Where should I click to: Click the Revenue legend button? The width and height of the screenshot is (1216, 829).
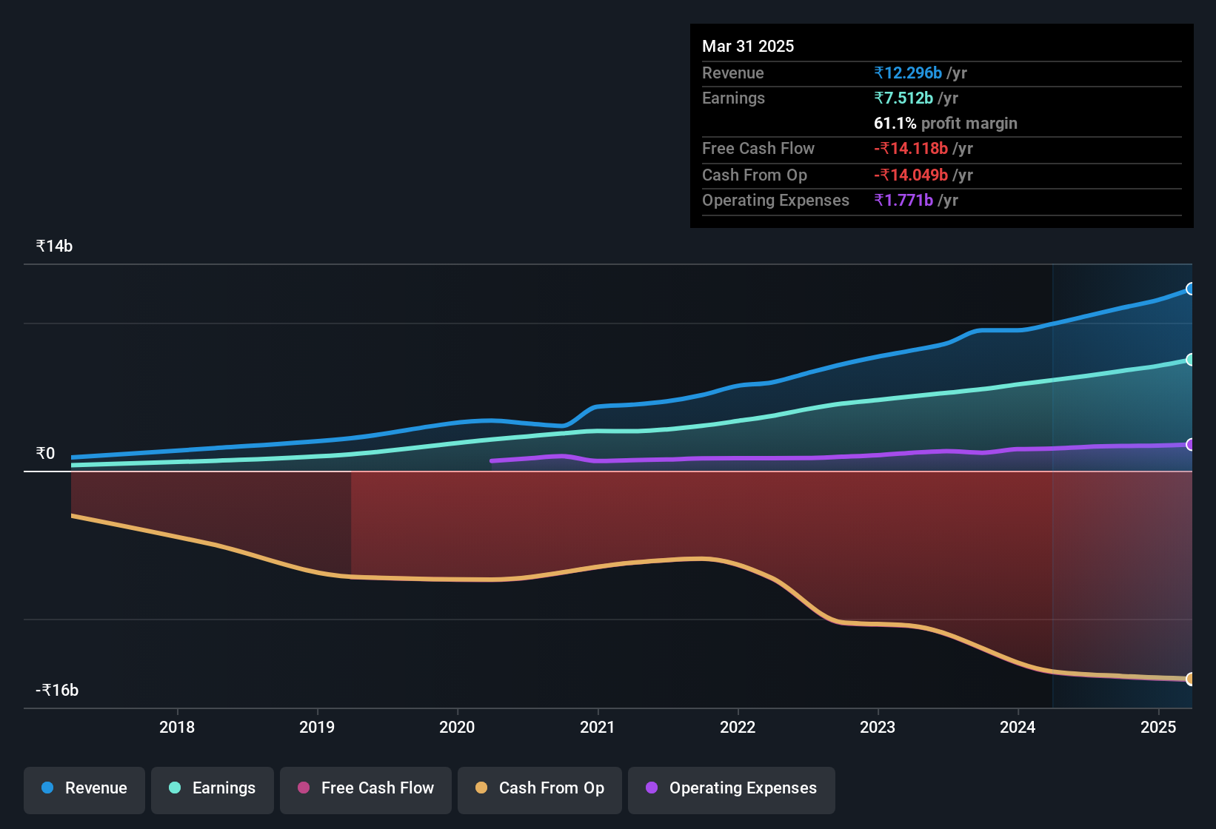click(84, 788)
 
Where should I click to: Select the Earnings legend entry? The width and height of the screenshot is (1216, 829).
click(213, 788)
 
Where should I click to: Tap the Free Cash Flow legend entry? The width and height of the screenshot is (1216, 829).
click(366, 788)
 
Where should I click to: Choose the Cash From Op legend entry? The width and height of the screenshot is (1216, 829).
click(540, 788)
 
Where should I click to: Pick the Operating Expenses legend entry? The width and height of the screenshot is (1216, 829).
click(732, 788)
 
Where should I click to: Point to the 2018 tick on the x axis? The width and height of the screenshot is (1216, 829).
click(177, 727)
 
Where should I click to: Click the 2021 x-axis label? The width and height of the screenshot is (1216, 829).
click(598, 727)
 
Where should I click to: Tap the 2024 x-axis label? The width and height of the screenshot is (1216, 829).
click(1018, 727)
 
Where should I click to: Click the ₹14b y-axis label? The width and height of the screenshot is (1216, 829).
click(54, 246)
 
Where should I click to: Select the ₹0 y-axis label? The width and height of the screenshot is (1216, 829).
click(45, 453)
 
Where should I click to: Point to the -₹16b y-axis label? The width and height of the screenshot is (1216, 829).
click(57, 690)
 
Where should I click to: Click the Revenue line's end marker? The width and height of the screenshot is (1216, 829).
click(1191, 289)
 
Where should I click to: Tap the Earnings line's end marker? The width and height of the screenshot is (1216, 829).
click(1191, 360)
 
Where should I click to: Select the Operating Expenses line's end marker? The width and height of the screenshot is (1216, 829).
click(1191, 445)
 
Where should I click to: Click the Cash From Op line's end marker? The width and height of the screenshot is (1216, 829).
click(1191, 679)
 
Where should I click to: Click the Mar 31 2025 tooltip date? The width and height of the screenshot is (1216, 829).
click(748, 46)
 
